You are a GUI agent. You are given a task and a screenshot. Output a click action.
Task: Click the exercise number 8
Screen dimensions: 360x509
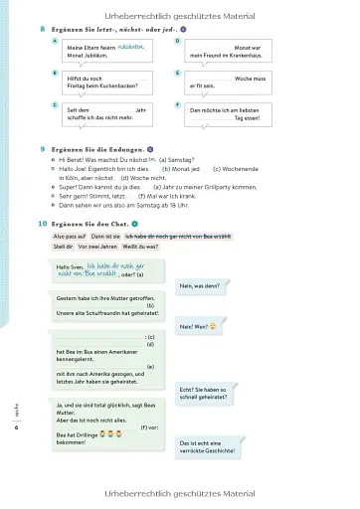click(x=42, y=30)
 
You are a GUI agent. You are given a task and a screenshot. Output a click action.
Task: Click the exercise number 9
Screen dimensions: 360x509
click(x=42, y=147)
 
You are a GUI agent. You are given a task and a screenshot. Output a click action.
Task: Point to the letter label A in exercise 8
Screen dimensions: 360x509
click(x=55, y=41)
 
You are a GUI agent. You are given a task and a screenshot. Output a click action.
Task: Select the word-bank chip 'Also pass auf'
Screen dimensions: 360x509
click(x=70, y=237)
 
